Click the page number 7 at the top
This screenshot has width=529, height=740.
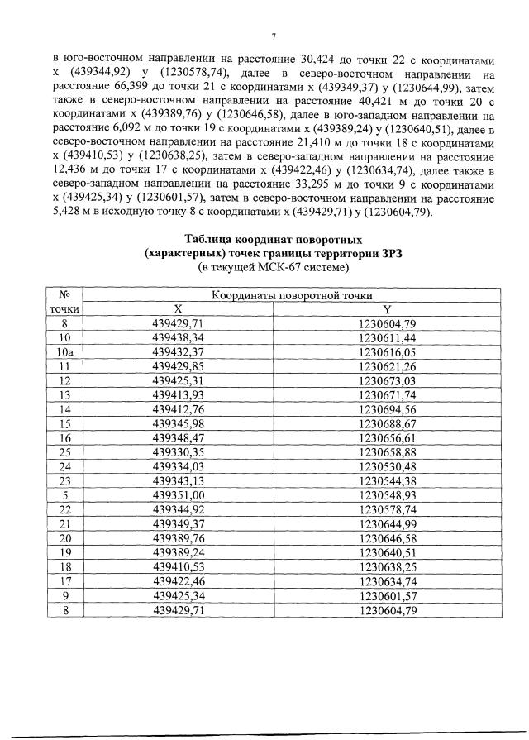click(x=272, y=35)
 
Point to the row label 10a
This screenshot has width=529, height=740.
click(x=64, y=351)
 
